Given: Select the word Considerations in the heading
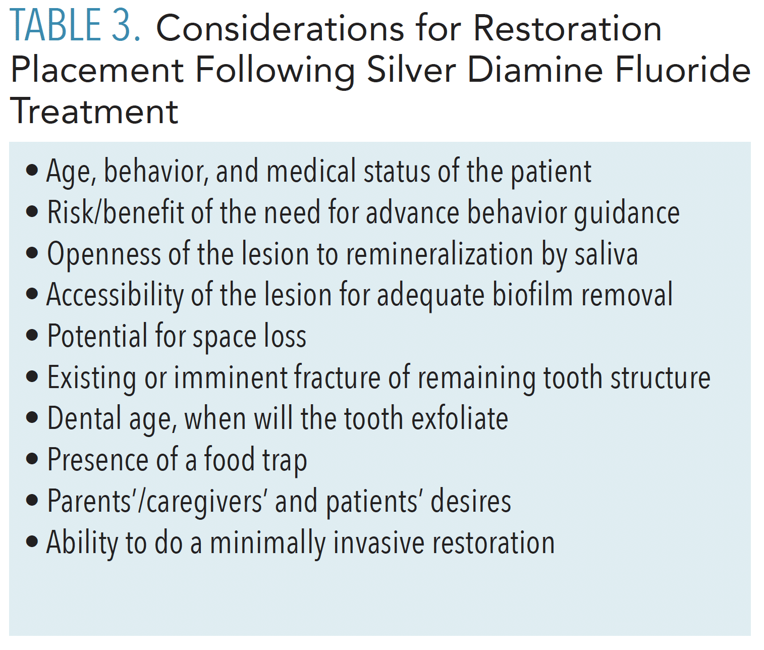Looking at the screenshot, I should [280, 28].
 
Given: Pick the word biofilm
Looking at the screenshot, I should [532, 295].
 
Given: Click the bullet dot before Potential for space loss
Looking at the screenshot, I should [32, 336].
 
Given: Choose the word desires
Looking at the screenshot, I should [471, 501].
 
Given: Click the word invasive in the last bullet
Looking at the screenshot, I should [378, 543].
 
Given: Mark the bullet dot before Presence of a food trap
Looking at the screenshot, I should [32, 459].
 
